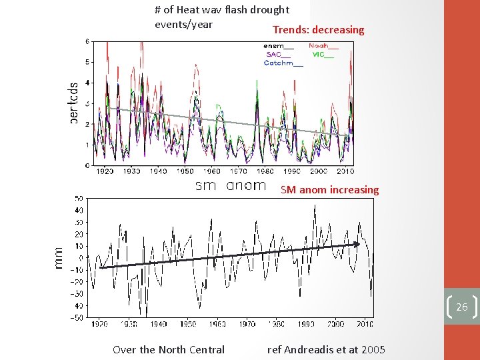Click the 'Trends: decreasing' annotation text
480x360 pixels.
point(318,30)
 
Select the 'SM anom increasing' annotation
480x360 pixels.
point(329,190)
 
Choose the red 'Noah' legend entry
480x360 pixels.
point(323,46)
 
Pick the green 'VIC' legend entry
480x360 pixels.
point(323,55)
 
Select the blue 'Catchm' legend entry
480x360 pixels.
point(283,63)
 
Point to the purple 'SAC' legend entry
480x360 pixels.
point(278,55)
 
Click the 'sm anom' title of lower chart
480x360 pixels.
point(230,186)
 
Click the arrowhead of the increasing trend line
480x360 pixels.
point(357,244)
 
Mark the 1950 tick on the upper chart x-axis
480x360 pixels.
point(185,171)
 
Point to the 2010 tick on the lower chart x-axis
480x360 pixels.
point(364,324)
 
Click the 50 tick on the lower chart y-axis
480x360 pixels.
point(79,198)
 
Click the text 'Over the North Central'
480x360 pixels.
point(169,349)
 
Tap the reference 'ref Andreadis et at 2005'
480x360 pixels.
point(326,349)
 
